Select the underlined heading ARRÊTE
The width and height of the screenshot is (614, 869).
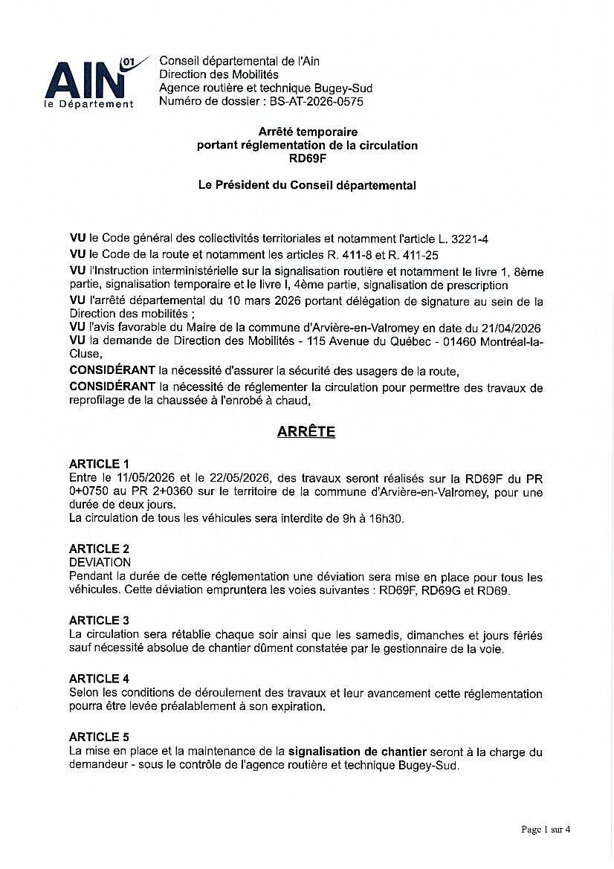click(x=306, y=432)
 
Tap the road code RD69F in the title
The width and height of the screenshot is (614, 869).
click(x=306, y=158)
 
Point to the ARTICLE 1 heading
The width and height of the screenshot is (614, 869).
click(x=100, y=464)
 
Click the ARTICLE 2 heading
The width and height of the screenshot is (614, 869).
click(x=100, y=549)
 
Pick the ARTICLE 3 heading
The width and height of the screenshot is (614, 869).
click(x=100, y=620)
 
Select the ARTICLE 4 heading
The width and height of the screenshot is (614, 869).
click(x=100, y=679)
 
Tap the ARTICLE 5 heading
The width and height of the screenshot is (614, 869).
click(x=100, y=737)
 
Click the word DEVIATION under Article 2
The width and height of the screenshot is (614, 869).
click(x=100, y=563)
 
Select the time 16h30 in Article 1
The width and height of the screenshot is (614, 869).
click(x=387, y=519)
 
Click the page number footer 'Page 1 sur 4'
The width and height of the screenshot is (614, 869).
click(x=546, y=829)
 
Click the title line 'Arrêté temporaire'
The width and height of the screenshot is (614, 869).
click(x=307, y=132)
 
